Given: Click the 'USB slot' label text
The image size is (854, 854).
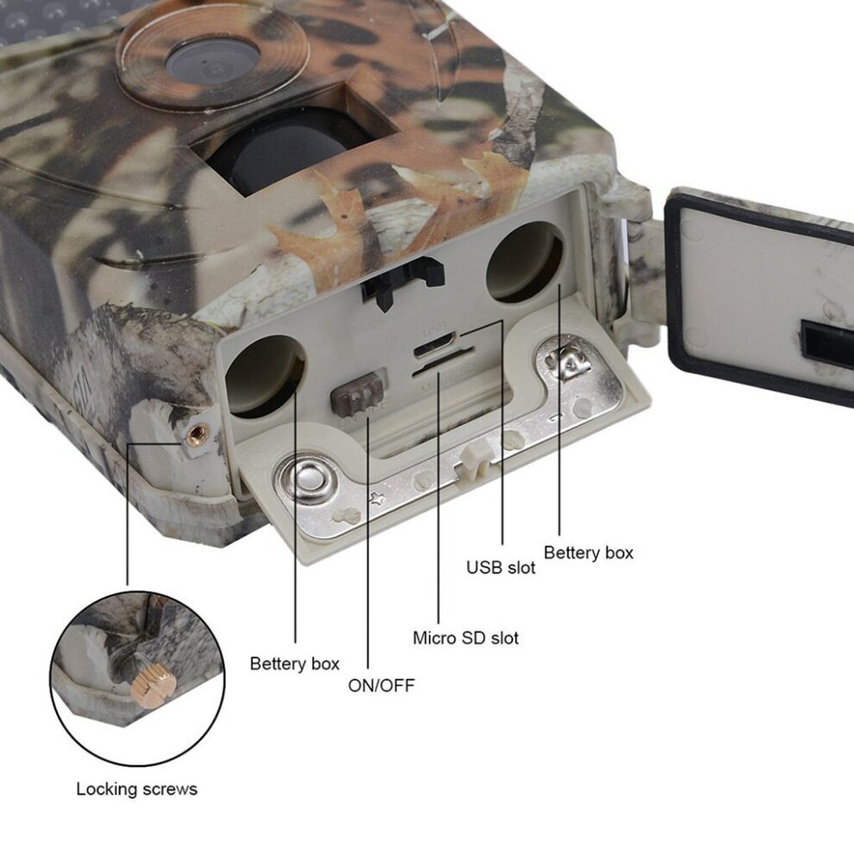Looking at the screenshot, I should (x=500, y=568).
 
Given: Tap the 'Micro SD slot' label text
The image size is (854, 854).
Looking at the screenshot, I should (x=466, y=638).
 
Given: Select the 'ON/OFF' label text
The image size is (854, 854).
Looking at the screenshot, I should (x=381, y=686).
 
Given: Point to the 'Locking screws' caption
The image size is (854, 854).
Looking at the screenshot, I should (x=136, y=788).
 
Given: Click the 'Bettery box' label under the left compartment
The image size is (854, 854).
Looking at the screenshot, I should (x=294, y=664).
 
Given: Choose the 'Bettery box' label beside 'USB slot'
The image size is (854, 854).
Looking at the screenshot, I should (x=588, y=552).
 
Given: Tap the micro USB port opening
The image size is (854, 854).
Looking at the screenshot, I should (x=436, y=349).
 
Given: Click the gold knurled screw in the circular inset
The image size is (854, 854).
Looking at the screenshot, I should (x=155, y=690).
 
